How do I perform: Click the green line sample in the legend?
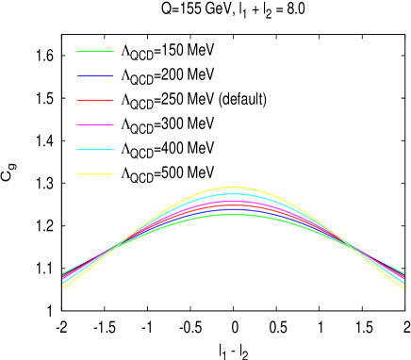click(x=94, y=51)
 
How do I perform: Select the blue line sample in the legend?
click(x=94, y=75)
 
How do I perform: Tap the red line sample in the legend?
click(x=94, y=100)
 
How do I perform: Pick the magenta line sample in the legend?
click(x=94, y=124)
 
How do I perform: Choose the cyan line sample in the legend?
click(x=94, y=149)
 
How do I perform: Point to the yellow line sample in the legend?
click(x=94, y=173)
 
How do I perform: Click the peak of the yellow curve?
click(x=233, y=188)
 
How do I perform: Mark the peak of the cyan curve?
click(x=233, y=194)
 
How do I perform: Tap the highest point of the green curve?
click(x=233, y=214)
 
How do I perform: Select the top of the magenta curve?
click(x=233, y=201)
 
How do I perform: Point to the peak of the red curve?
click(x=233, y=205)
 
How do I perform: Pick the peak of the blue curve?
click(x=233, y=208)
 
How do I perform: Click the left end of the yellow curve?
click(x=62, y=287)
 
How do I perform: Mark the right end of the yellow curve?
click(x=403, y=287)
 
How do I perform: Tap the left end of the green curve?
click(x=62, y=273)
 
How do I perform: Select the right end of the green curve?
click(x=403, y=273)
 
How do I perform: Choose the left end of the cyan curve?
click(x=62, y=284)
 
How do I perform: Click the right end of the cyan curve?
click(x=403, y=284)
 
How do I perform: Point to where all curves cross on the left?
click(x=115, y=247)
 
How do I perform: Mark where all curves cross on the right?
click(x=351, y=247)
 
